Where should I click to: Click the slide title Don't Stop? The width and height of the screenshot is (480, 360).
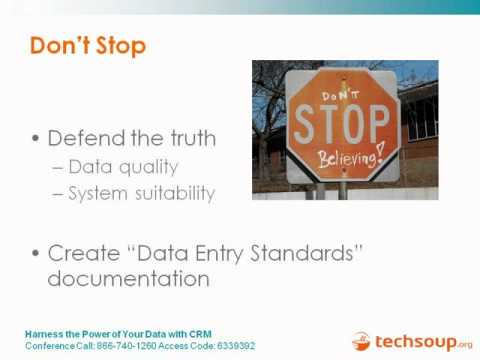click(88, 46)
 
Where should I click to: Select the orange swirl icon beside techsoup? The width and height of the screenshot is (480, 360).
click(361, 342)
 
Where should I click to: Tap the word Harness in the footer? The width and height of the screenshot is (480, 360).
click(43, 333)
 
